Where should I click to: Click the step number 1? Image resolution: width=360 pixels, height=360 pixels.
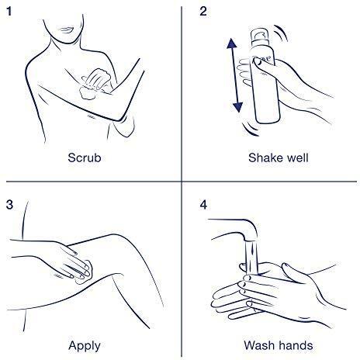[x=9, y=12]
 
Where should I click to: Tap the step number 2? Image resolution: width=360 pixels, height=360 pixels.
[x=203, y=12]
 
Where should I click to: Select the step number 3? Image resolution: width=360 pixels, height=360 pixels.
[x=9, y=205]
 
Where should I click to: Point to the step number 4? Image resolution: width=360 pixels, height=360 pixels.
[x=203, y=205]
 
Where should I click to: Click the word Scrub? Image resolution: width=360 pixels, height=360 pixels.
[x=85, y=157]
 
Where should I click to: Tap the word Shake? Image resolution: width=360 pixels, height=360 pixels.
[x=265, y=157]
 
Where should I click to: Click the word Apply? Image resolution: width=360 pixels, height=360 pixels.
[x=85, y=346]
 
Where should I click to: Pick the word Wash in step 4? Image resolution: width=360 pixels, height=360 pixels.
[x=259, y=345]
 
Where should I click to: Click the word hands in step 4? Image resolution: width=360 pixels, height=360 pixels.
[x=296, y=345]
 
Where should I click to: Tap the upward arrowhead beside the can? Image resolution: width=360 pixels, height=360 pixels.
[x=231, y=43]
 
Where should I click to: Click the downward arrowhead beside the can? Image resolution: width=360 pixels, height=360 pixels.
[x=237, y=107]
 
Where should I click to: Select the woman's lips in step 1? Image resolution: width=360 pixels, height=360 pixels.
[x=66, y=29]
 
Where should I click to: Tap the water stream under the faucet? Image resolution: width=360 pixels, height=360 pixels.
[x=251, y=258]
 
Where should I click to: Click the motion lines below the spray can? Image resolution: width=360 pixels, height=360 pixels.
[x=250, y=130]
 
